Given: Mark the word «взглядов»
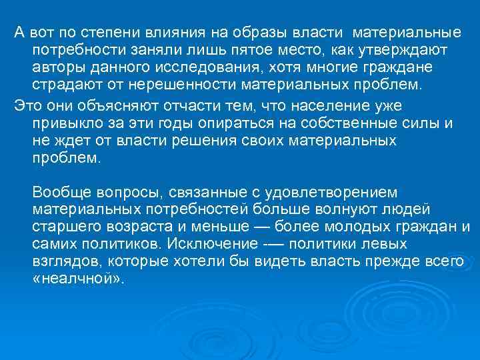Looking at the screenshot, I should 66,261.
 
